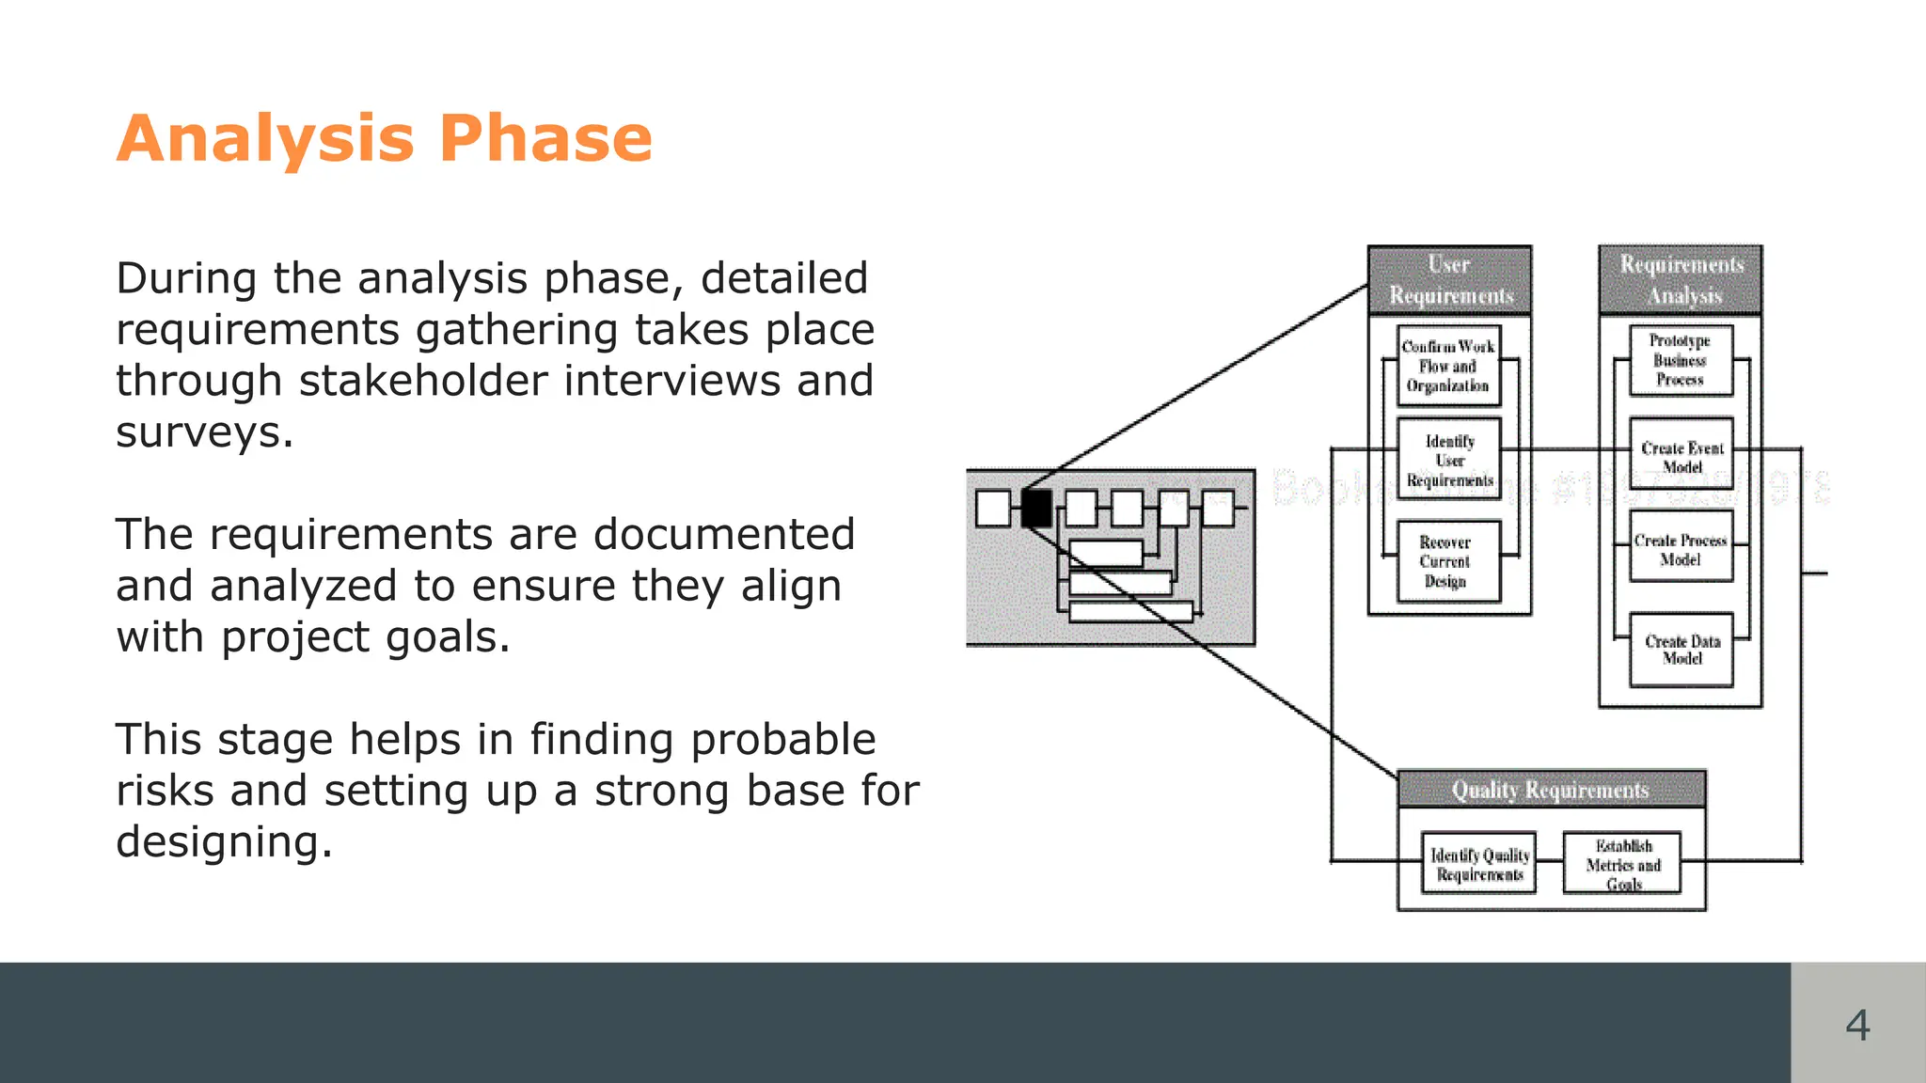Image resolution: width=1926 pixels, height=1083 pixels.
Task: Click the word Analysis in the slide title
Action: point(265,139)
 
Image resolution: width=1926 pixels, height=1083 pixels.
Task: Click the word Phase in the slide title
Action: point(545,139)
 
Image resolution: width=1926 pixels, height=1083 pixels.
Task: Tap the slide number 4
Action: point(1857,1025)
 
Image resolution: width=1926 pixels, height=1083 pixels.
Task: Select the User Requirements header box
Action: point(1449,280)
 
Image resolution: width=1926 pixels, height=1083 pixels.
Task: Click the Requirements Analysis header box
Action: point(1681,280)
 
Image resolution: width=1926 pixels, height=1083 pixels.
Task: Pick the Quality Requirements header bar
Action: point(1551,790)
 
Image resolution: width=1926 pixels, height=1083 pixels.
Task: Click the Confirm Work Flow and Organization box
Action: point(1448,366)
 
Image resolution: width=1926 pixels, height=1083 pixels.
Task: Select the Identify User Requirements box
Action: point(1449,461)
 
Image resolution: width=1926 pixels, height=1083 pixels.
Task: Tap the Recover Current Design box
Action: point(1446,561)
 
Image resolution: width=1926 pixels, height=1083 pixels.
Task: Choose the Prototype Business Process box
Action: point(1681,360)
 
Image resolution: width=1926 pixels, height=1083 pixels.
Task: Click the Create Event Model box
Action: point(1681,456)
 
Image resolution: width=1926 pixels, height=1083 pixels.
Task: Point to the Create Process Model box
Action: point(1681,549)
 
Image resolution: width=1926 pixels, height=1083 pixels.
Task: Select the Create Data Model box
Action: point(1681,650)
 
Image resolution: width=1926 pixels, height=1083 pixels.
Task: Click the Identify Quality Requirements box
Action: point(1479,864)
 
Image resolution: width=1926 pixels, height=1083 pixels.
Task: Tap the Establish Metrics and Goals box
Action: point(1622,864)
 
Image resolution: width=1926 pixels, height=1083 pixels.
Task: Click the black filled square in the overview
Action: point(1036,509)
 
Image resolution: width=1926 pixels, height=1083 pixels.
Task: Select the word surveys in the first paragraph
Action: point(204,432)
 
